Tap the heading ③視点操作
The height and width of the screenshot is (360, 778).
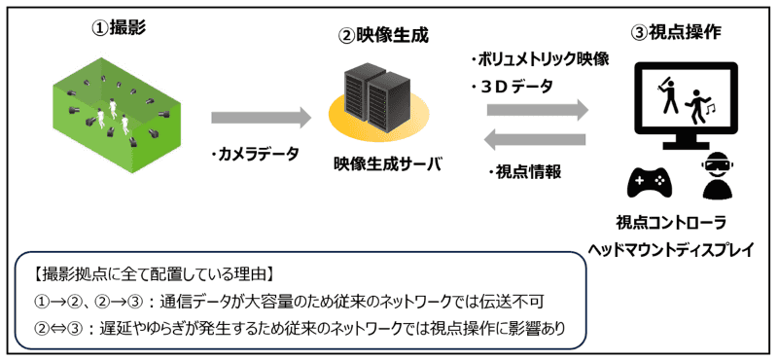tap(677, 32)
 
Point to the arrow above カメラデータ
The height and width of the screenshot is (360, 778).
tap(261, 118)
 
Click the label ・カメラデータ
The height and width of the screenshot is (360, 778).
tap(260, 155)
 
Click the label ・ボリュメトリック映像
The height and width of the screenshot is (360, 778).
tap(538, 58)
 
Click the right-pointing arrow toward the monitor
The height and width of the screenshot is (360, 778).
tap(538, 110)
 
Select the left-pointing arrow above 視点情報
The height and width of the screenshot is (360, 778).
tap(538, 143)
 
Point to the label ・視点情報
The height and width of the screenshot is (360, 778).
tap(529, 172)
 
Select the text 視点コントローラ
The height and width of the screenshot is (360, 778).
tap(671, 221)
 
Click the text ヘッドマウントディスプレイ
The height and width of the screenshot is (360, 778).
tap(671, 249)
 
